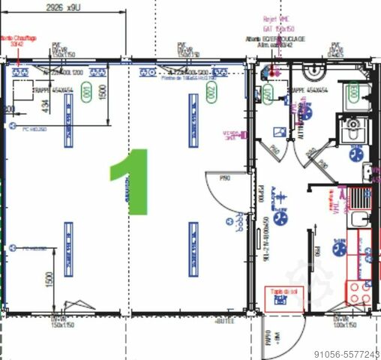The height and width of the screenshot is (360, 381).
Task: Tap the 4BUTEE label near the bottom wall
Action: coord(225,320)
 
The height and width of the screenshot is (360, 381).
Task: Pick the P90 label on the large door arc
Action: coord(223,178)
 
